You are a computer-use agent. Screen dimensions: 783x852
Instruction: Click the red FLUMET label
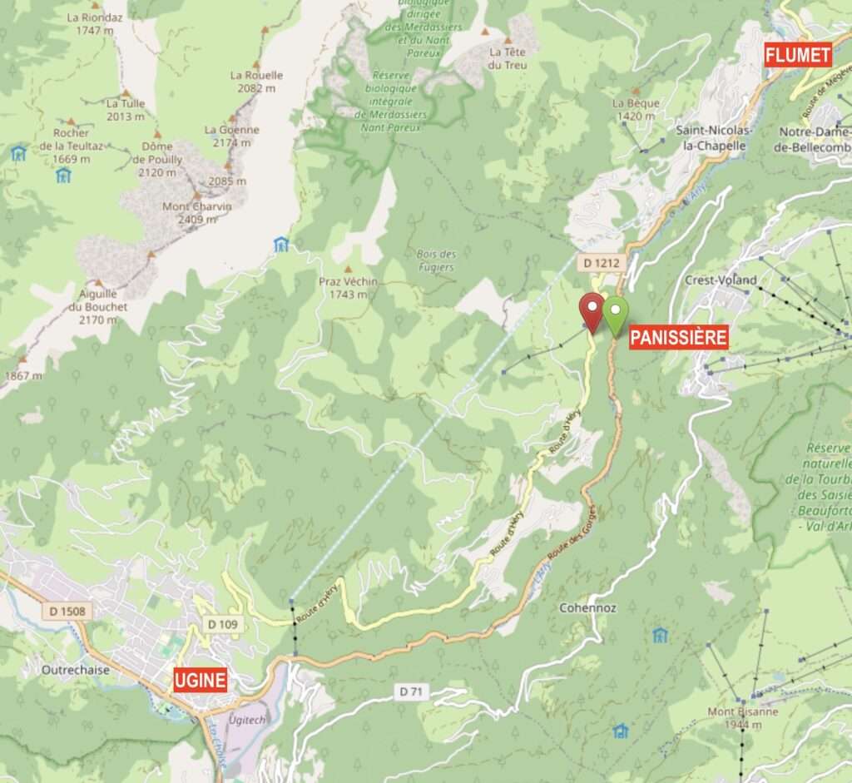pos(798,56)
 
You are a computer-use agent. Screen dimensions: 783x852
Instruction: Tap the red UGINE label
pos(201,680)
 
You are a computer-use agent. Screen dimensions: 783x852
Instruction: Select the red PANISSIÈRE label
pos(678,337)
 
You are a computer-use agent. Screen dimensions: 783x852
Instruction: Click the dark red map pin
pos(592,310)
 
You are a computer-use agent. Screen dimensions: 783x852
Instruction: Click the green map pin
pos(616,314)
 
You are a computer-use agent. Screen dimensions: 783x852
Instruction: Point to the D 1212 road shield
pos(599,263)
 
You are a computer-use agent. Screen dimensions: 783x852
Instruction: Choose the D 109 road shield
pos(224,624)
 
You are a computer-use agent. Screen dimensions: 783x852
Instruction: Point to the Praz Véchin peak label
pos(348,288)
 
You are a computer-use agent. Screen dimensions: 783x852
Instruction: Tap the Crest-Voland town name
pos(721,280)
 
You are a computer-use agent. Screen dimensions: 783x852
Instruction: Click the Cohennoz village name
pos(588,608)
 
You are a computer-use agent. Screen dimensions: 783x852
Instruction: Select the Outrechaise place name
pos(76,669)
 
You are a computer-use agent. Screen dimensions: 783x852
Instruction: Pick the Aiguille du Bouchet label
pos(99,306)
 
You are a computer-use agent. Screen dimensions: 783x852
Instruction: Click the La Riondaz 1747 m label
pos(94,23)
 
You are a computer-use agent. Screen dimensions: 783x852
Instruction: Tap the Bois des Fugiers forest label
pos(436,260)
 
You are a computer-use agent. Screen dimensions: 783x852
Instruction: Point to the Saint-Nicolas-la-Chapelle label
pos(714,137)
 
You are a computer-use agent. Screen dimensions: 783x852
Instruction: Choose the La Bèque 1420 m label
pos(636,109)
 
